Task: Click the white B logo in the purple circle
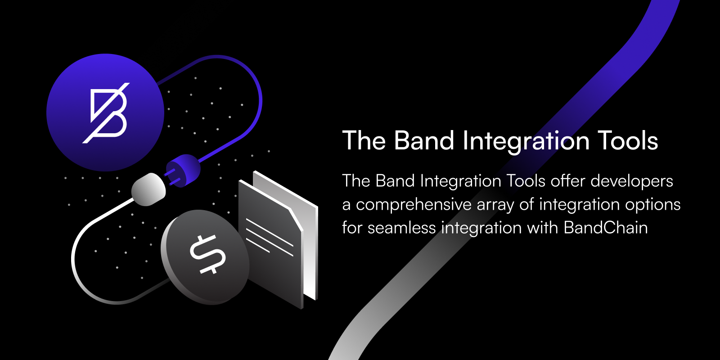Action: [106, 113]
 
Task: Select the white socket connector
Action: [148, 189]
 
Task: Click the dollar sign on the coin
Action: [207, 254]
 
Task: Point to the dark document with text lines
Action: [270, 244]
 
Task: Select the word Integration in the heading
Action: [526, 142]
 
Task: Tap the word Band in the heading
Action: [424, 140]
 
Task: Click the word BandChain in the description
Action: [606, 228]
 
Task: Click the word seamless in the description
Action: [402, 228]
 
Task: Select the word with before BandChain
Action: [543, 228]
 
